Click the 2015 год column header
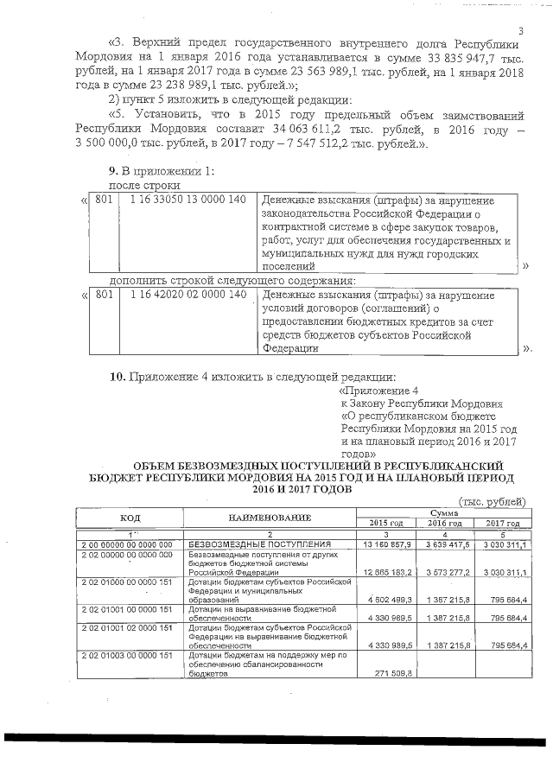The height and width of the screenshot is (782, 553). tap(386, 523)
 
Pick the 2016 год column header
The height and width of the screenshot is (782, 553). tap(443, 523)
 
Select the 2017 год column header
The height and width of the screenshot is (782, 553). tap(502, 523)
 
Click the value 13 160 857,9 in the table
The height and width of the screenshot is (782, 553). tap(386, 544)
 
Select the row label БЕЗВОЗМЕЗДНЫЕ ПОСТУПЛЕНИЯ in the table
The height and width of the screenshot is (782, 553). tap(259, 544)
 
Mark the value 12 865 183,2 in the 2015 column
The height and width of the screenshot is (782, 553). tap(386, 572)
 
